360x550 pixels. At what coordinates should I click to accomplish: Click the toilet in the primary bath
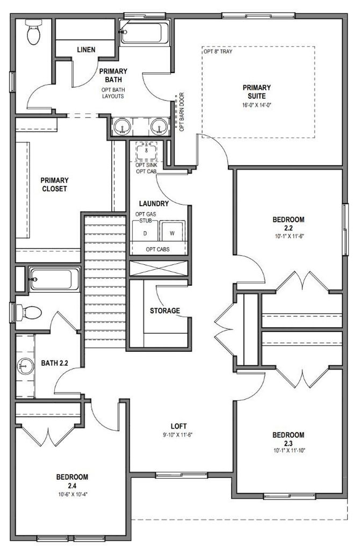[34, 32]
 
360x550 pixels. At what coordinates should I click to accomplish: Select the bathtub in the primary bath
[144, 33]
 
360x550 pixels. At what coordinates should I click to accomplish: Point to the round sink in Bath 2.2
[25, 366]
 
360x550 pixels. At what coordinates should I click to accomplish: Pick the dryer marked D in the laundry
[145, 231]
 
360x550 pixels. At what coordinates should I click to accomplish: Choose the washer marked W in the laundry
[172, 231]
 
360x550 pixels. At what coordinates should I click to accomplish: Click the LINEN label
[86, 50]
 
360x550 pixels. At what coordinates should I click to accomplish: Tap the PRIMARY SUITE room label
[256, 91]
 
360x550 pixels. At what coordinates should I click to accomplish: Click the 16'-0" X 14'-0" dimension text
[257, 105]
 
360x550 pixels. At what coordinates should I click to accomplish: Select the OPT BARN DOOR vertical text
[182, 112]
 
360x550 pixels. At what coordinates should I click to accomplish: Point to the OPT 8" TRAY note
[218, 52]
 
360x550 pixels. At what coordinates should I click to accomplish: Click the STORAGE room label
[165, 310]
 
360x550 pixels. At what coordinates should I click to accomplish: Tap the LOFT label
[178, 426]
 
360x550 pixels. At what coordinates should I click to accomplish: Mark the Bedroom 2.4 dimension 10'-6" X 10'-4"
[73, 495]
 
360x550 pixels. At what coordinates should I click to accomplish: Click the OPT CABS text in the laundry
[157, 249]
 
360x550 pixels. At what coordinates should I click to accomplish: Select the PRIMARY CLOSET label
[54, 185]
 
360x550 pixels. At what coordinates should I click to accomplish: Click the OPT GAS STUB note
[146, 218]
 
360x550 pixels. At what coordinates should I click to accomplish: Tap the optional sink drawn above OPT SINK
[146, 151]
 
